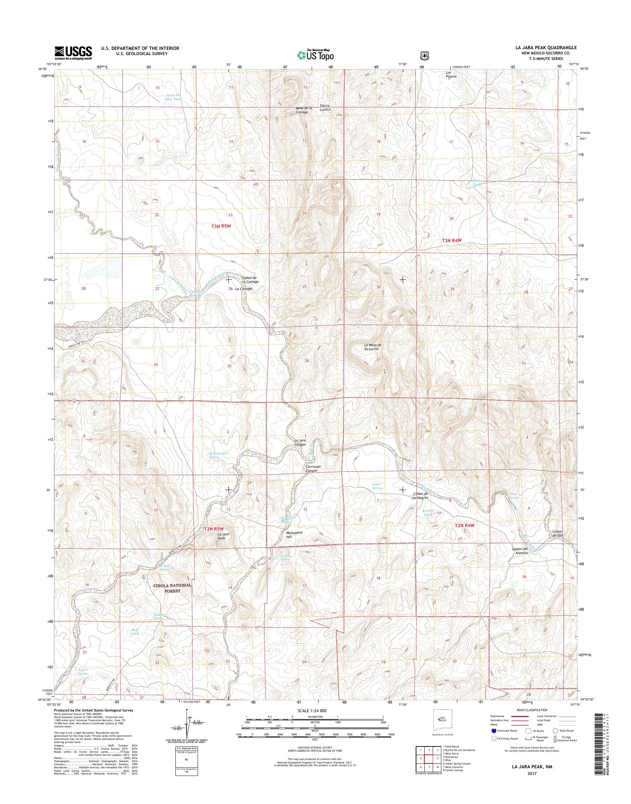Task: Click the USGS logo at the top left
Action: point(73,53)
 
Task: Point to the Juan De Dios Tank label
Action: point(173,97)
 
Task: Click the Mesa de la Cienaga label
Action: point(304,110)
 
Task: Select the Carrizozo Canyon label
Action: point(311,468)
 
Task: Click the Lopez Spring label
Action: point(377,486)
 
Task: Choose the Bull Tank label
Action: point(135,632)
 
